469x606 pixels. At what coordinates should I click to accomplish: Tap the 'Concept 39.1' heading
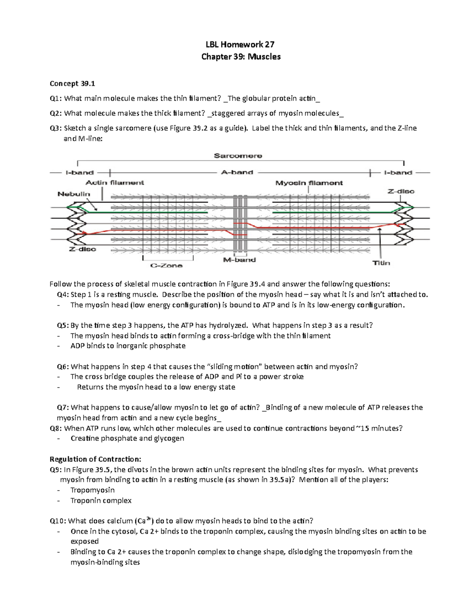pyautogui.click(x=72, y=84)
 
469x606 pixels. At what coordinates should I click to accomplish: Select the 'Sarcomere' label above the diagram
pyautogui.click(x=238, y=156)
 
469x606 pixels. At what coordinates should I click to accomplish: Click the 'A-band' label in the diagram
pyautogui.click(x=237, y=172)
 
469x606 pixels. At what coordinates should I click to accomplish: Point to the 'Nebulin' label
pyautogui.click(x=74, y=194)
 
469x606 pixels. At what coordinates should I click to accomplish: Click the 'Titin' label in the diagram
pyautogui.click(x=381, y=263)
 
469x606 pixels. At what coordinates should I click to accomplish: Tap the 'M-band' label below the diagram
pyautogui.click(x=239, y=260)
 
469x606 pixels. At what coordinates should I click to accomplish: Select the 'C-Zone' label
pyautogui.click(x=166, y=265)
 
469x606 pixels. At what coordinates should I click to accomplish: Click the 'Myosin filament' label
pyautogui.click(x=309, y=183)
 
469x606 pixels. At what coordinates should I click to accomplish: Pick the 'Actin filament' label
pyautogui.click(x=115, y=182)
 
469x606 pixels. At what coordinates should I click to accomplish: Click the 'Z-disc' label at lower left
pyautogui.click(x=82, y=249)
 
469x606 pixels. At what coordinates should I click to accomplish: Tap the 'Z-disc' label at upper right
pyautogui.click(x=401, y=191)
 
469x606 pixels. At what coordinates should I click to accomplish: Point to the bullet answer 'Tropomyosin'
pyautogui.click(x=93, y=490)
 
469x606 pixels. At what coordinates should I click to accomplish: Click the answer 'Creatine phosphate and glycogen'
pyautogui.click(x=127, y=438)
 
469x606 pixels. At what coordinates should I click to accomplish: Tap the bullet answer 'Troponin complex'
pyautogui.click(x=101, y=500)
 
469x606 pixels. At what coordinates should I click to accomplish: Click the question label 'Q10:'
pyautogui.click(x=58, y=521)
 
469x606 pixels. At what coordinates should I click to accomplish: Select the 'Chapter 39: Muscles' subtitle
pyautogui.click(x=241, y=57)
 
